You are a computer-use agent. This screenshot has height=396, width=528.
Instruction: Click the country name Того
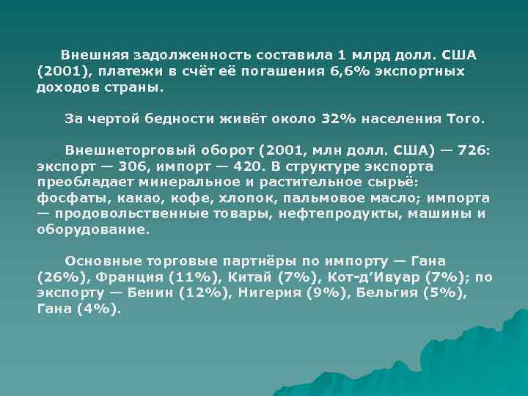point(466,118)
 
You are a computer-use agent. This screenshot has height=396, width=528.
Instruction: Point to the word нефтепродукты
point(340,213)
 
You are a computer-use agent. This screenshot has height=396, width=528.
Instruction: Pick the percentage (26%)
point(62,277)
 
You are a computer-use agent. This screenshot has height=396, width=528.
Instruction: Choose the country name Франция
point(129,277)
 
